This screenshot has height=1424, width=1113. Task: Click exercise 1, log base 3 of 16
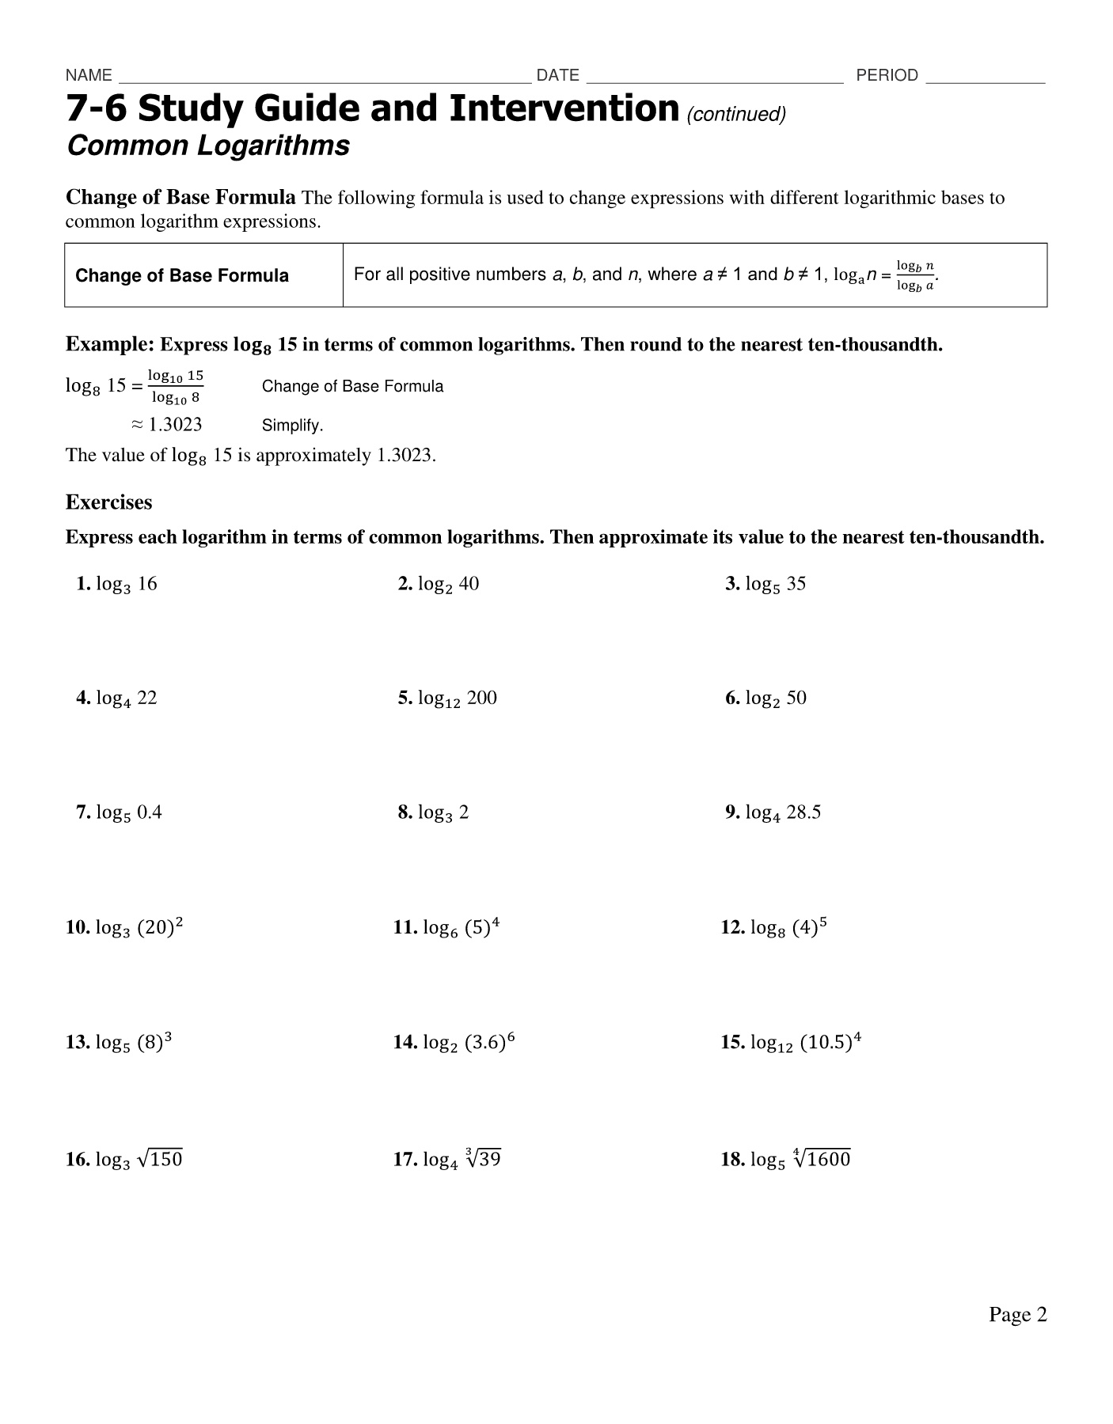coord(117,585)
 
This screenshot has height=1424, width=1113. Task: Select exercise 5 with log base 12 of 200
coord(448,699)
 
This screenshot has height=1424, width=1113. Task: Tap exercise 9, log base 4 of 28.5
coord(773,812)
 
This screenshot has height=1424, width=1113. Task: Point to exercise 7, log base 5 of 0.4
coord(120,812)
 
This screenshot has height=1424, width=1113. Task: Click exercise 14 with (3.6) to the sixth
coord(454,1042)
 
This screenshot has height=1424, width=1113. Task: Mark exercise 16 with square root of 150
coord(124,1160)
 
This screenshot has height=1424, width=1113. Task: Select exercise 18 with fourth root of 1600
coord(786,1160)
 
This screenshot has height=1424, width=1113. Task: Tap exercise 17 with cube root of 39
coord(448,1160)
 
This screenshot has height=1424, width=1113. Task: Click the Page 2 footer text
coord(1017,1314)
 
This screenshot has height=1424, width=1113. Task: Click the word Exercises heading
coord(108,502)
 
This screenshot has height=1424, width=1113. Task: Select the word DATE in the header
coord(557,75)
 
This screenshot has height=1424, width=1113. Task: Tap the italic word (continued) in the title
coord(736,115)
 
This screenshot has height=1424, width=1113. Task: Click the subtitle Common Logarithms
coord(208,146)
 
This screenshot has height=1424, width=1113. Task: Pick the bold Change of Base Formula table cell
coord(182,276)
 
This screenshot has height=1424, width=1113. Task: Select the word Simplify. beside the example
coord(292,426)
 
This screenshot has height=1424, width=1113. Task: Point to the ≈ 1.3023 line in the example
coord(166,425)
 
